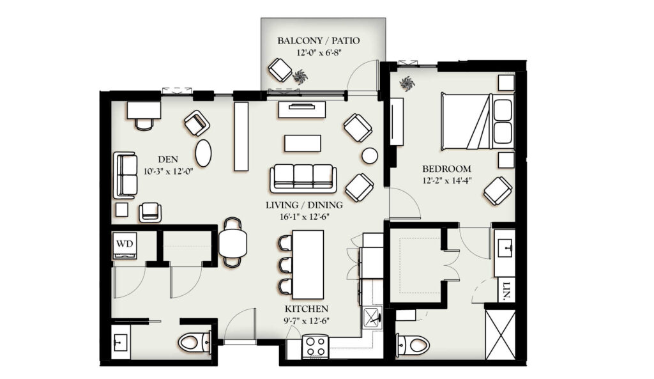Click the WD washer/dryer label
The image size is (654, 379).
point(125,244)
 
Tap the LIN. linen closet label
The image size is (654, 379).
point(506,290)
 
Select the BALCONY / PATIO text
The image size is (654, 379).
point(318,40)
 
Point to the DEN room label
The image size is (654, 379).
point(168,159)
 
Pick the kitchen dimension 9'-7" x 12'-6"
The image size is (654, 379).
point(306,321)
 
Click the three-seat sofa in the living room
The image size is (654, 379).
point(303,178)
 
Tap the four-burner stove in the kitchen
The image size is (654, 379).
point(315,346)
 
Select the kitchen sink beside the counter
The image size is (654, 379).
point(372,319)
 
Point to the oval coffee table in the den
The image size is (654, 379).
point(204,153)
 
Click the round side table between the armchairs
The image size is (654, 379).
point(370,156)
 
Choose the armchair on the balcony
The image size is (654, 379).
point(280,70)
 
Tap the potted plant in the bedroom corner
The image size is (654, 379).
point(407,84)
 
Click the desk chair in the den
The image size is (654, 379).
point(144,123)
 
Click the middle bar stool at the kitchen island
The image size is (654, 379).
point(285,265)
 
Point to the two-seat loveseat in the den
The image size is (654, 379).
point(125,175)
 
